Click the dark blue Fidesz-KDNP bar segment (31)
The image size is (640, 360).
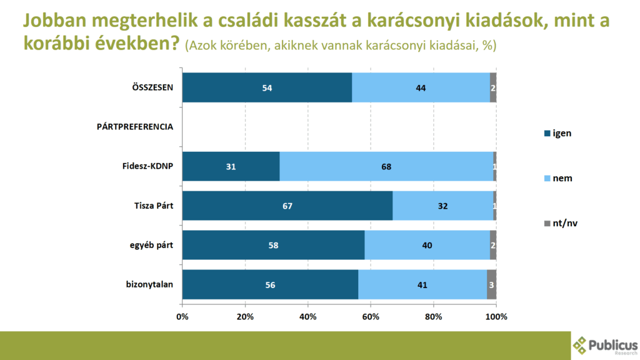coord(231,166)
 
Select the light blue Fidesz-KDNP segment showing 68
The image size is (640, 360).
coord(386,166)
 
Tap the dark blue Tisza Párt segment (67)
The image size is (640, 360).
coord(287,206)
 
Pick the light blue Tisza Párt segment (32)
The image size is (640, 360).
coord(443,206)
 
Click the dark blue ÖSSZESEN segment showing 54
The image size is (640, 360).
coord(267,87)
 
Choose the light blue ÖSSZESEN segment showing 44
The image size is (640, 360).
coord(421,87)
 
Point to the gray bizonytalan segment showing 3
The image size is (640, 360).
coord(492,285)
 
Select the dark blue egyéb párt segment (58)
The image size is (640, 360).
coord(273,245)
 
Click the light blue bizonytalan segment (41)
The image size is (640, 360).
coord(422,285)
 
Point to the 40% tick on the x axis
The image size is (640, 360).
coord(308,317)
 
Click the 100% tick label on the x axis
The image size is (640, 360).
coord(496,317)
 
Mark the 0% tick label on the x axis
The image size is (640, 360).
coord(182,317)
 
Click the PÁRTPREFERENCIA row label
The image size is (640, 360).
coord(135,127)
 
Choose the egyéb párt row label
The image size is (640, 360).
coord(148,245)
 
